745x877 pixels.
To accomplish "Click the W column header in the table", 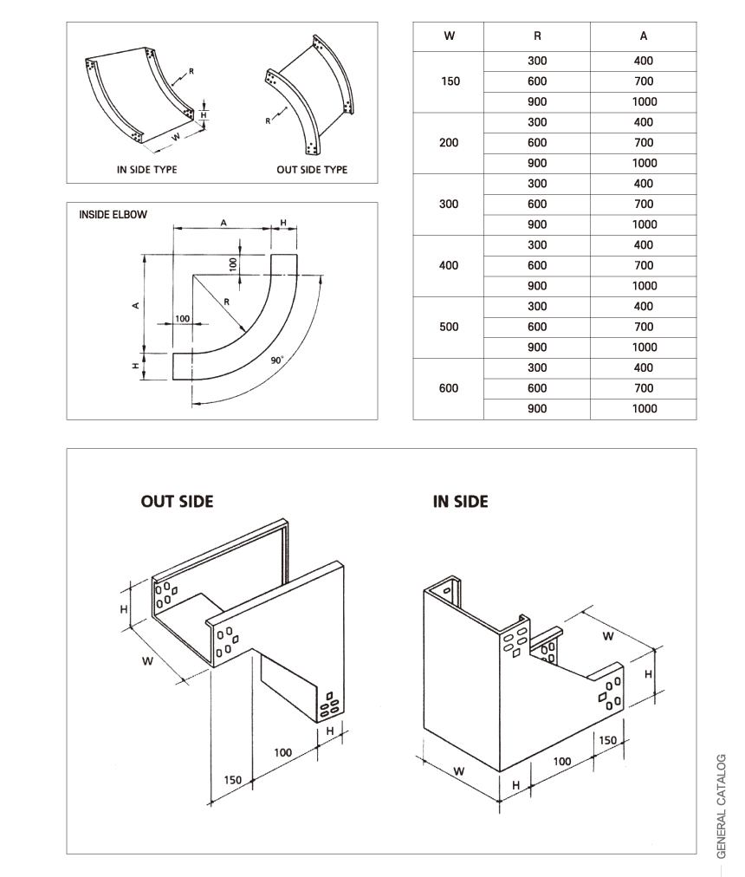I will click(x=449, y=36).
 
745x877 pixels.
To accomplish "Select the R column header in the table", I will click(x=537, y=36).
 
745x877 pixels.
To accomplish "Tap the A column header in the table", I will click(x=644, y=36).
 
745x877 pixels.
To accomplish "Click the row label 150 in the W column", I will click(x=449, y=81).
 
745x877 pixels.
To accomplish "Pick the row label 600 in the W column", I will click(x=449, y=388).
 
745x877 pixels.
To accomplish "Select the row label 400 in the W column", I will click(x=449, y=265).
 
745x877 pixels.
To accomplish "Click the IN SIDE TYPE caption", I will click(x=146, y=170).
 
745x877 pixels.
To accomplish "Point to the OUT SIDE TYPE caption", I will click(x=312, y=170).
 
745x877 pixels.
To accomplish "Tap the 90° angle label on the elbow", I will click(x=277, y=358).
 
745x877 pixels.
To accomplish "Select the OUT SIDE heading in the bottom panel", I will click(x=177, y=501).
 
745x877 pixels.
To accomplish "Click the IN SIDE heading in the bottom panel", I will click(x=460, y=501).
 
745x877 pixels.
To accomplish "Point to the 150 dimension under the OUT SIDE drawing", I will click(x=233, y=780).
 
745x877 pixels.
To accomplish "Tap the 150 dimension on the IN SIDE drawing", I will click(x=608, y=740).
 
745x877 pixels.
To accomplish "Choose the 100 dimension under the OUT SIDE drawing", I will click(x=283, y=752).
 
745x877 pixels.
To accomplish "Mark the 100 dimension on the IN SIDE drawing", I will click(x=563, y=760).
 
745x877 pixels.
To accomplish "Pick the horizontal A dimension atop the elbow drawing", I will click(x=223, y=223).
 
